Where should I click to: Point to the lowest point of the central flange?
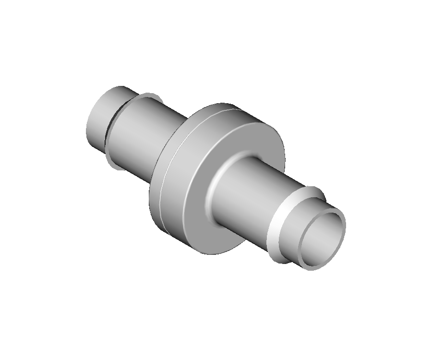click(x=211, y=254)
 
